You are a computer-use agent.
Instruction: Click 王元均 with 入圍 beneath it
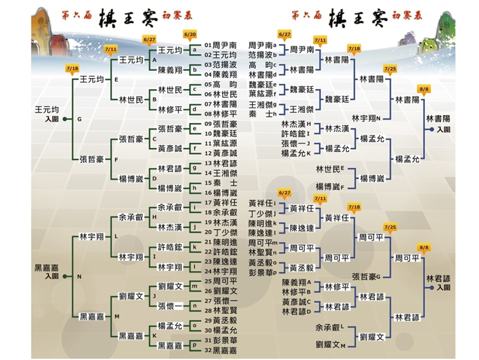(47, 110)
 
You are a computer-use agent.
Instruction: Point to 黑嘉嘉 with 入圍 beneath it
(47, 268)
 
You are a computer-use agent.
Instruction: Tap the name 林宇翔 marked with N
(365, 118)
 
